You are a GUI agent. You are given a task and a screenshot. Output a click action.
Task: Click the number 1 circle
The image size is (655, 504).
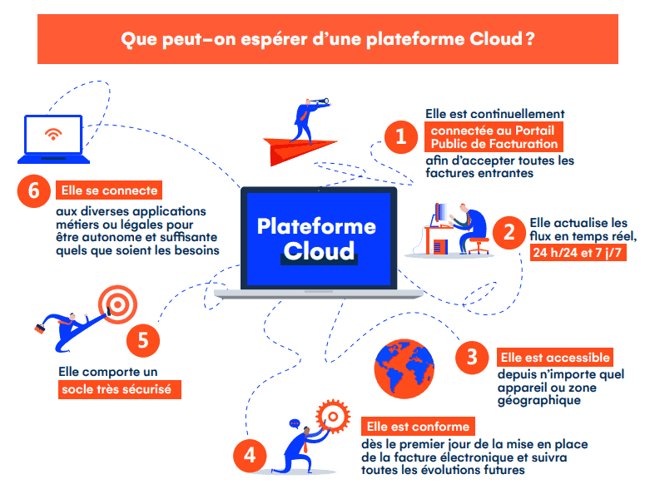(400, 137)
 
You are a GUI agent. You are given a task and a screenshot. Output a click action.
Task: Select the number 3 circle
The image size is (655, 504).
(472, 358)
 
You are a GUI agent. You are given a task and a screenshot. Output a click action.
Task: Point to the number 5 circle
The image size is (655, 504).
(142, 339)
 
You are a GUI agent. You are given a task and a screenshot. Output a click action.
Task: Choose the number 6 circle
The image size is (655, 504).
(33, 190)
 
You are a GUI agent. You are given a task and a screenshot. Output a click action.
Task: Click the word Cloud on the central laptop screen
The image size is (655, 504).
(317, 250)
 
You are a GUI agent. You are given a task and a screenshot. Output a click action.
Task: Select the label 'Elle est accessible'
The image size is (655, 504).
(556, 357)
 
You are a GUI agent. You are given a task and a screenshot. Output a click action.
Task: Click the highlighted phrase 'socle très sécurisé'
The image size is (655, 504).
(120, 388)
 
